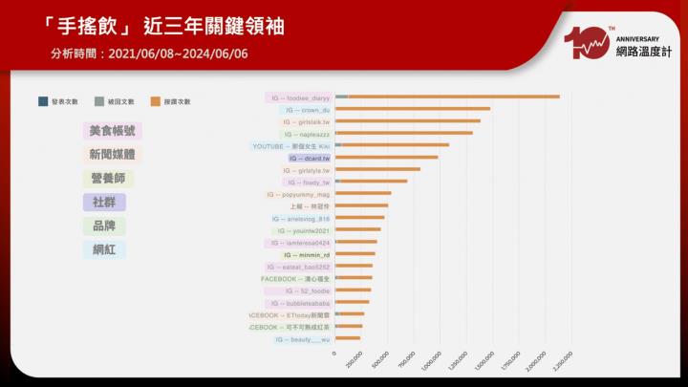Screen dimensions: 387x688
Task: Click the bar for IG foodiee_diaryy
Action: click(x=449, y=97)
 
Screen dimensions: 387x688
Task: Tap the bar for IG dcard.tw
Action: click(x=387, y=158)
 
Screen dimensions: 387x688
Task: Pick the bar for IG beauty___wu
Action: click(x=348, y=338)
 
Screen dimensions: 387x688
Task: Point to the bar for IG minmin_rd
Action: click(x=355, y=254)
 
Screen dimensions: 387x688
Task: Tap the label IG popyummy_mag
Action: click(x=298, y=194)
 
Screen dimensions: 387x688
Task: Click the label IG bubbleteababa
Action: click(x=300, y=302)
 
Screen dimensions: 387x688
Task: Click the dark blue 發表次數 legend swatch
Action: click(x=43, y=100)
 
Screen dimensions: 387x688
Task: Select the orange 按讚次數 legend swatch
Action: click(x=156, y=100)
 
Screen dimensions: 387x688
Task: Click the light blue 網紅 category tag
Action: click(x=103, y=249)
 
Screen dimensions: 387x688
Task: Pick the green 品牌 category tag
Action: click(x=103, y=226)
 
